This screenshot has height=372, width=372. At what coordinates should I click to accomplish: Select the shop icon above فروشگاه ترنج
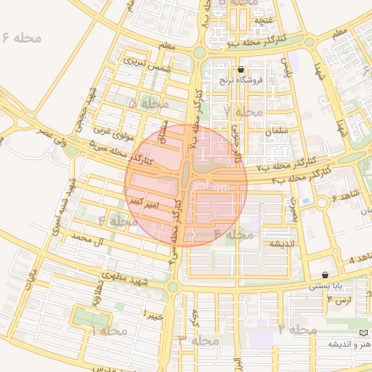pos(241,70)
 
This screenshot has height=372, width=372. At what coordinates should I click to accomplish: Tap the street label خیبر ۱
pos(153,316)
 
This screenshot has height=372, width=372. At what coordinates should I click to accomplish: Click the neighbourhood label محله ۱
pos(109,331)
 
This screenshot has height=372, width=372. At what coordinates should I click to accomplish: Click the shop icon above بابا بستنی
pos(324,275)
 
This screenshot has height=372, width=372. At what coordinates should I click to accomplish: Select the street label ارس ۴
pos(339,299)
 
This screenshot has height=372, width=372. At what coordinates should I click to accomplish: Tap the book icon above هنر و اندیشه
pos(364,332)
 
